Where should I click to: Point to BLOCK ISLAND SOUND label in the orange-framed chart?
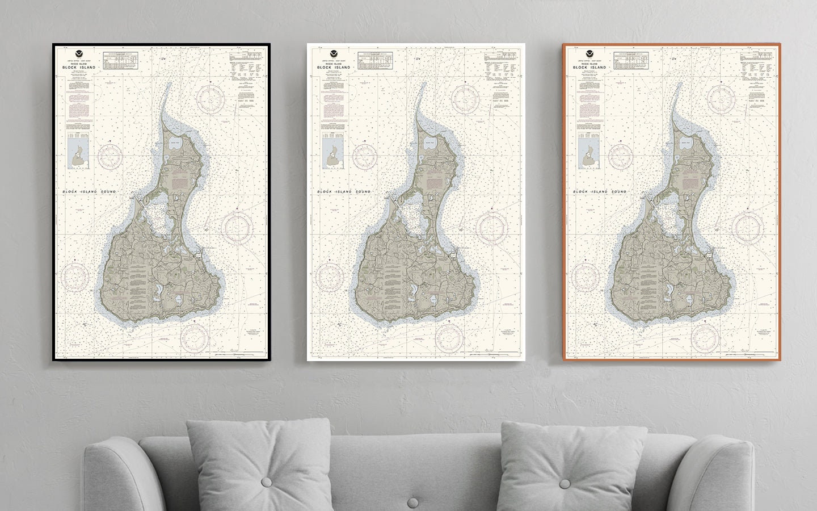[600, 192]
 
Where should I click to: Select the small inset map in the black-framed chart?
[75, 155]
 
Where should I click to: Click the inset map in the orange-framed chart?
[586, 155]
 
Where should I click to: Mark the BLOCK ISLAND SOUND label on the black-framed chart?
[89, 192]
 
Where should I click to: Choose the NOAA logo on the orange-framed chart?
[587, 51]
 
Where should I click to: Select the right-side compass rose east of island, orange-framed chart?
[746, 227]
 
